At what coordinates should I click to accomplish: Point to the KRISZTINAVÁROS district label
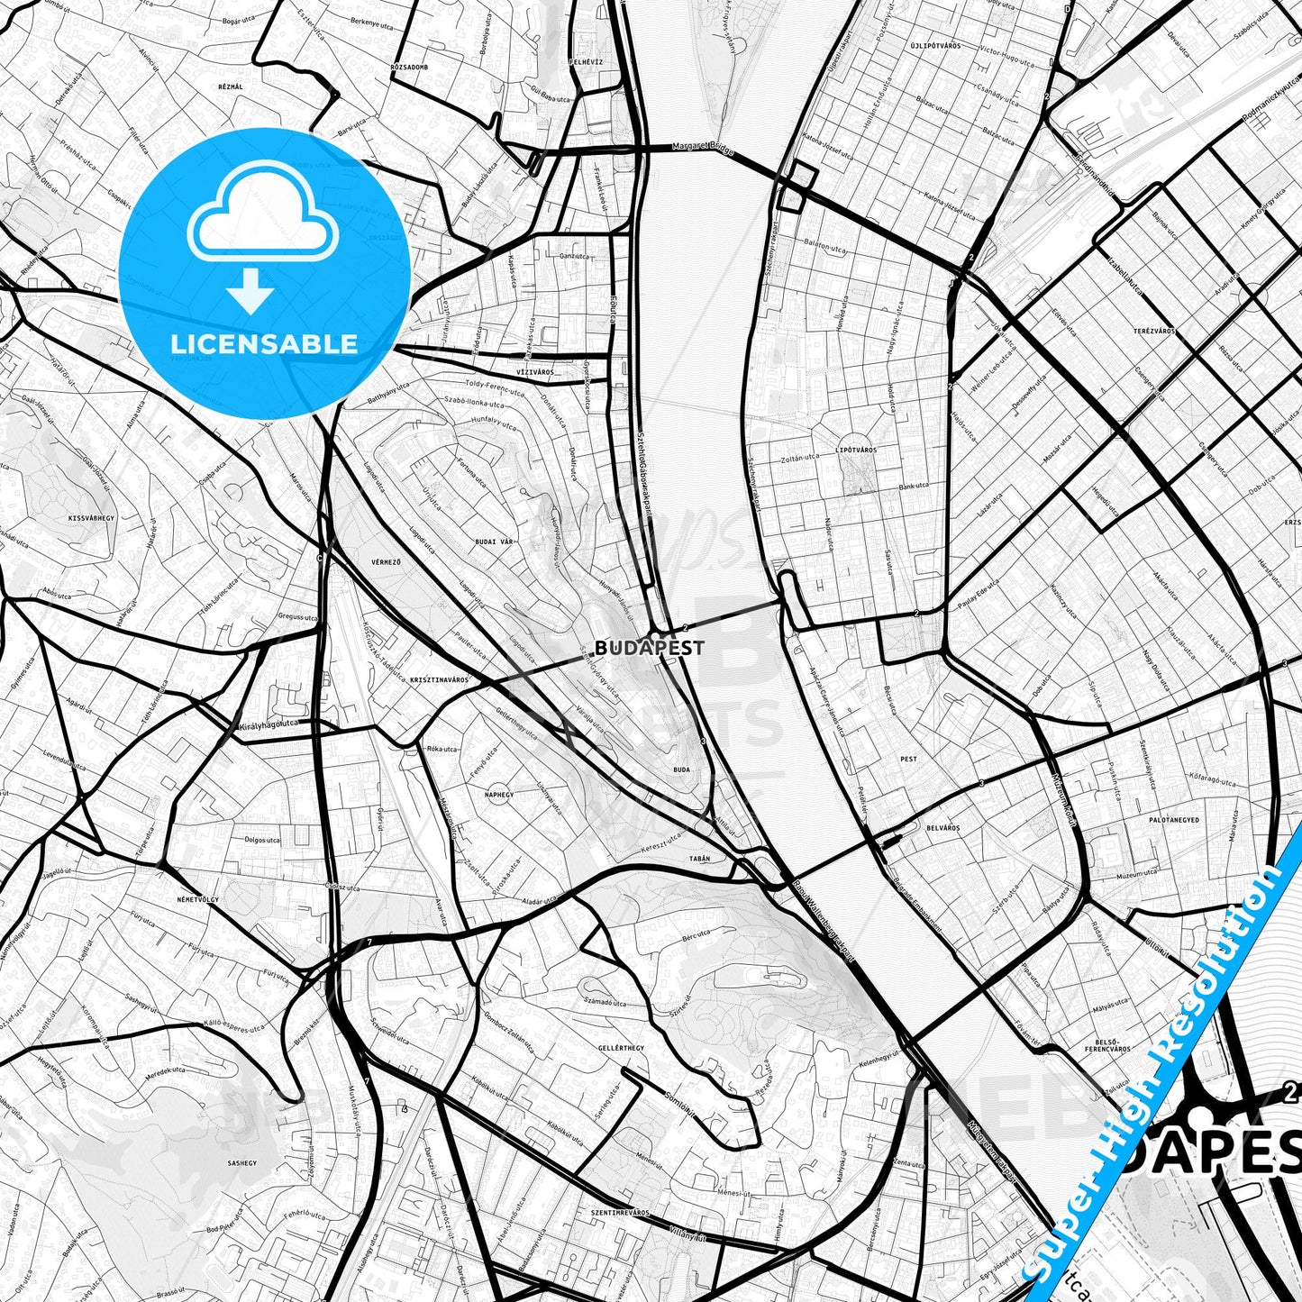click(x=439, y=680)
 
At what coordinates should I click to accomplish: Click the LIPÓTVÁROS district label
click(x=856, y=449)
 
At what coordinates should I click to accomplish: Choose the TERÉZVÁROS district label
click(x=1154, y=332)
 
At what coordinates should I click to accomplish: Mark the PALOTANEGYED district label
click(x=1174, y=820)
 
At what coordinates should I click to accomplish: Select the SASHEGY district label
click(x=241, y=1163)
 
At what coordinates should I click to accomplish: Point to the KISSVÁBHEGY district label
click(x=91, y=519)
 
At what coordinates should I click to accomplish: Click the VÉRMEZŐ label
click(x=386, y=561)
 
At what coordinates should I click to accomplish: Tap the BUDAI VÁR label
click(x=494, y=543)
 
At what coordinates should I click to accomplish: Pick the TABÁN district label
click(x=698, y=859)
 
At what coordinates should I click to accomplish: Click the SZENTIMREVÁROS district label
click(x=619, y=1213)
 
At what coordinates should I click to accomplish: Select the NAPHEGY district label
click(x=498, y=795)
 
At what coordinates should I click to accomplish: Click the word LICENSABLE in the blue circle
click(x=264, y=343)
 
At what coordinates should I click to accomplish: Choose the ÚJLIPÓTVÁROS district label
click(x=933, y=43)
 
